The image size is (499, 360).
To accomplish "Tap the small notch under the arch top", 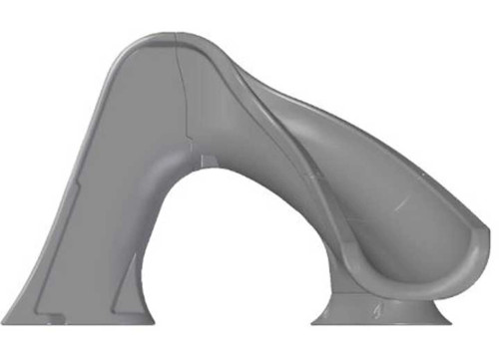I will tap(204, 157).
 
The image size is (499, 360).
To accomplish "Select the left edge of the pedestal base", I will tap(313, 319).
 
